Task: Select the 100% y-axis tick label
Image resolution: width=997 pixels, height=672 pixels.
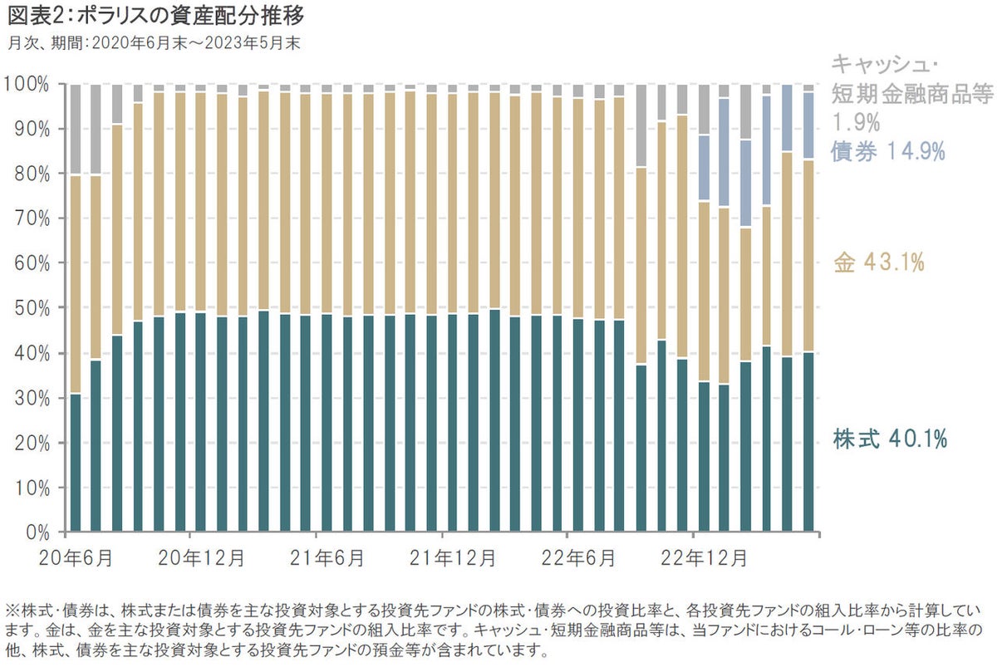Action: point(31,85)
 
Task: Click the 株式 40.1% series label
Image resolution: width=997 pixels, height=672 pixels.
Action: point(890,439)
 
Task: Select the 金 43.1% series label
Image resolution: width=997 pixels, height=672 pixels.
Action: point(878,263)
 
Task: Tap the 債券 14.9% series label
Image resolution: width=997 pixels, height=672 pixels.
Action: point(887,151)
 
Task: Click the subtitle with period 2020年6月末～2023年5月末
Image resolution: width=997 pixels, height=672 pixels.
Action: point(154,42)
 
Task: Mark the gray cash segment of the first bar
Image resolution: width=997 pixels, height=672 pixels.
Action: point(76,130)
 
